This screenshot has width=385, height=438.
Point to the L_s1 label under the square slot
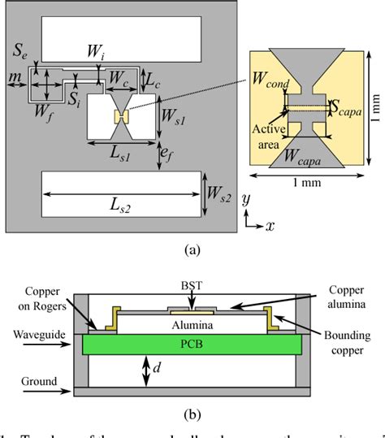click(x=120, y=154)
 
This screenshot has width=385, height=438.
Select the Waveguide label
click(x=32, y=334)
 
